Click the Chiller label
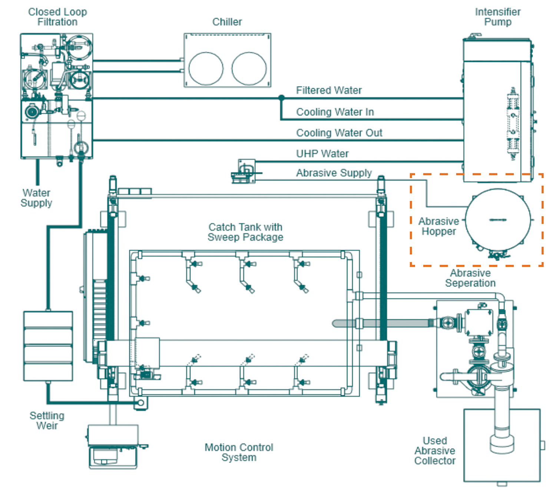(227, 22)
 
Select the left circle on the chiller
(206, 69)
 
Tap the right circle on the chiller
(249, 69)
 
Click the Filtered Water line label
(329, 90)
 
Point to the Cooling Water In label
(335, 112)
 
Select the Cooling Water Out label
(339, 133)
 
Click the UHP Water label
(322, 154)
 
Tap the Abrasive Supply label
(334, 173)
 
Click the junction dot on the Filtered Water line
(281, 98)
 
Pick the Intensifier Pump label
(498, 17)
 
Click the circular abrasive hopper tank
(498, 220)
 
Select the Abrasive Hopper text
(438, 226)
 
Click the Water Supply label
(36, 198)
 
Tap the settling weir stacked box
(48, 346)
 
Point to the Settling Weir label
(47, 421)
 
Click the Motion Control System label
(239, 452)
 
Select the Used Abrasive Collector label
(435, 451)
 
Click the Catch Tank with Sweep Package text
(245, 232)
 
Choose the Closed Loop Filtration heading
(57, 17)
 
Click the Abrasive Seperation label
(470, 278)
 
